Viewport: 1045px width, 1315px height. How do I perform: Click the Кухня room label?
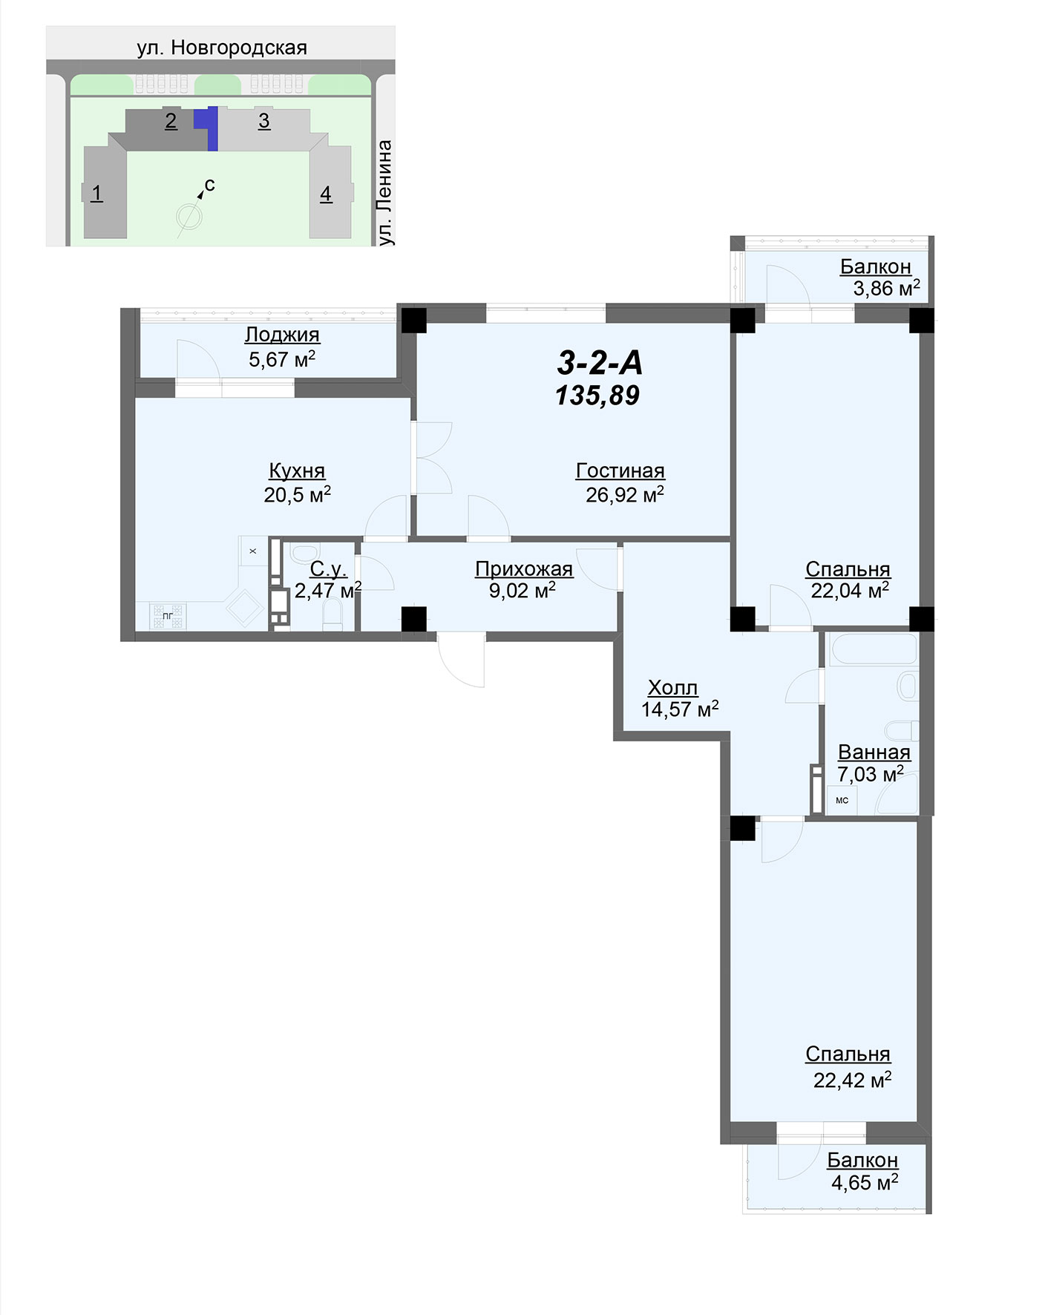click(x=297, y=470)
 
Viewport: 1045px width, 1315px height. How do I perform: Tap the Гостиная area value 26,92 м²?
click(x=625, y=494)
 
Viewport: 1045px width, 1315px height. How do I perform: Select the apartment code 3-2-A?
click(x=600, y=363)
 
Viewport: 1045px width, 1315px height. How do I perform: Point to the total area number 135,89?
click(x=597, y=396)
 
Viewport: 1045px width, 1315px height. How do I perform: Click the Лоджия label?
click(x=282, y=335)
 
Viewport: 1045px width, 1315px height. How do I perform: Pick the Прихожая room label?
click(x=524, y=569)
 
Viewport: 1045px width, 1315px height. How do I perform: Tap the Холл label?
click(x=672, y=687)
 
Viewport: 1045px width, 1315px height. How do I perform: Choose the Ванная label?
click(x=874, y=752)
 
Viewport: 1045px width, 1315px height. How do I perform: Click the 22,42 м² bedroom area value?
click(x=852, y=1080)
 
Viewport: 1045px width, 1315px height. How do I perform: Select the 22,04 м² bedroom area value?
click(x=850, y=591)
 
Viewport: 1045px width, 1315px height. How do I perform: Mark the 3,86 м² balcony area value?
click(x=887, y=288)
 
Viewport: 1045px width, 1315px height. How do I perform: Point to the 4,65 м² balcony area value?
click(x=865, y=1181)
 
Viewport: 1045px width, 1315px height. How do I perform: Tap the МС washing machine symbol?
click(x=842, y=800)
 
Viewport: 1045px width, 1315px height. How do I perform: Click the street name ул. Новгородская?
click(x=222, y=47)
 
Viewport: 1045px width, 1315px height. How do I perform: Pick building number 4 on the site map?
click(x=326, y=194)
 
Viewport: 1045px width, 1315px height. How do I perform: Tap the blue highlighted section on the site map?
click(x=209, y=126)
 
